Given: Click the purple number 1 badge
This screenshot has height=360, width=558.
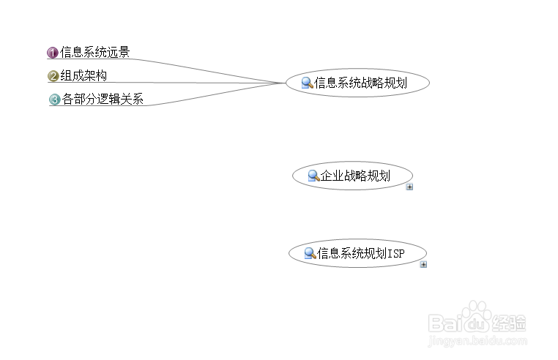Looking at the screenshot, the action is tap(53, 53).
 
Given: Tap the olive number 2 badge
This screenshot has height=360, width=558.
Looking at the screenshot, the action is tap(53, 76).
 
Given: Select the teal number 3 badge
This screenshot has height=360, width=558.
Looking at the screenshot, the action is tap(54, 100).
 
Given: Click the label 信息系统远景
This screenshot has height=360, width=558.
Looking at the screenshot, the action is tap(95, 52).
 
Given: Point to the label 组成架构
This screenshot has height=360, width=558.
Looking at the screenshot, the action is tap(83, 75).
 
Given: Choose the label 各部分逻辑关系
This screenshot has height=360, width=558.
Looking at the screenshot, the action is tap(103, 99).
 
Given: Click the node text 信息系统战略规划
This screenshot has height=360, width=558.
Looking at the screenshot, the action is tap(360, 83).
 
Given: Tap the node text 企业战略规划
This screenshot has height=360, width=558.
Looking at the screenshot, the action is tap(355, 176).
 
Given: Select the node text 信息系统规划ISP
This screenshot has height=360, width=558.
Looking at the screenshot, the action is tap(360, 253).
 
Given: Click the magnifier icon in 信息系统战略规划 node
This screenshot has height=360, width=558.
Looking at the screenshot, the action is tap(308, 83).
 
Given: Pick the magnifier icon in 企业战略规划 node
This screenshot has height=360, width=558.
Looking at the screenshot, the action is tap(313, 176).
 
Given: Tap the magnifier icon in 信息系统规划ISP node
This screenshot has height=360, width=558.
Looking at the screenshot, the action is tap(310, 253).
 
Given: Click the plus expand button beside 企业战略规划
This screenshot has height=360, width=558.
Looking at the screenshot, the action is tap(409, 187).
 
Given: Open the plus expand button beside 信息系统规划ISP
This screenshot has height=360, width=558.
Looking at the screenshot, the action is tap(423, 264).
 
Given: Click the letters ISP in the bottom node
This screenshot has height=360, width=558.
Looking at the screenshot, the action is tap(395, 253).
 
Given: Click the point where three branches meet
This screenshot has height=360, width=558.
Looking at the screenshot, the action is tap(284, 83).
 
